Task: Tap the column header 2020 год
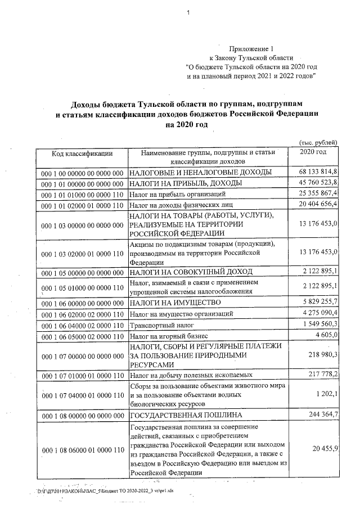coord(313,152)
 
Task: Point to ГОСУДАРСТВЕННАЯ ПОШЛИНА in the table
coord(186,415)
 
